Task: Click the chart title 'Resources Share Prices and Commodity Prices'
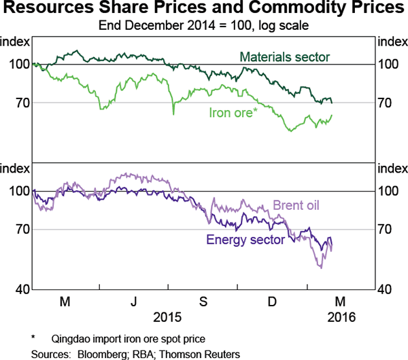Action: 204,10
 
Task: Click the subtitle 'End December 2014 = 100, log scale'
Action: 204,26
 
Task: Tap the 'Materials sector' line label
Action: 285,56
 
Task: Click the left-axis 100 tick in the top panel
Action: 18,65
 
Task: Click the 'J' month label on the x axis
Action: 134,302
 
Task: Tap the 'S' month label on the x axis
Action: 203,302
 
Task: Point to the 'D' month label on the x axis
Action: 272,302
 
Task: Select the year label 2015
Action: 168,317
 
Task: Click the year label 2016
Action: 341,317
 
